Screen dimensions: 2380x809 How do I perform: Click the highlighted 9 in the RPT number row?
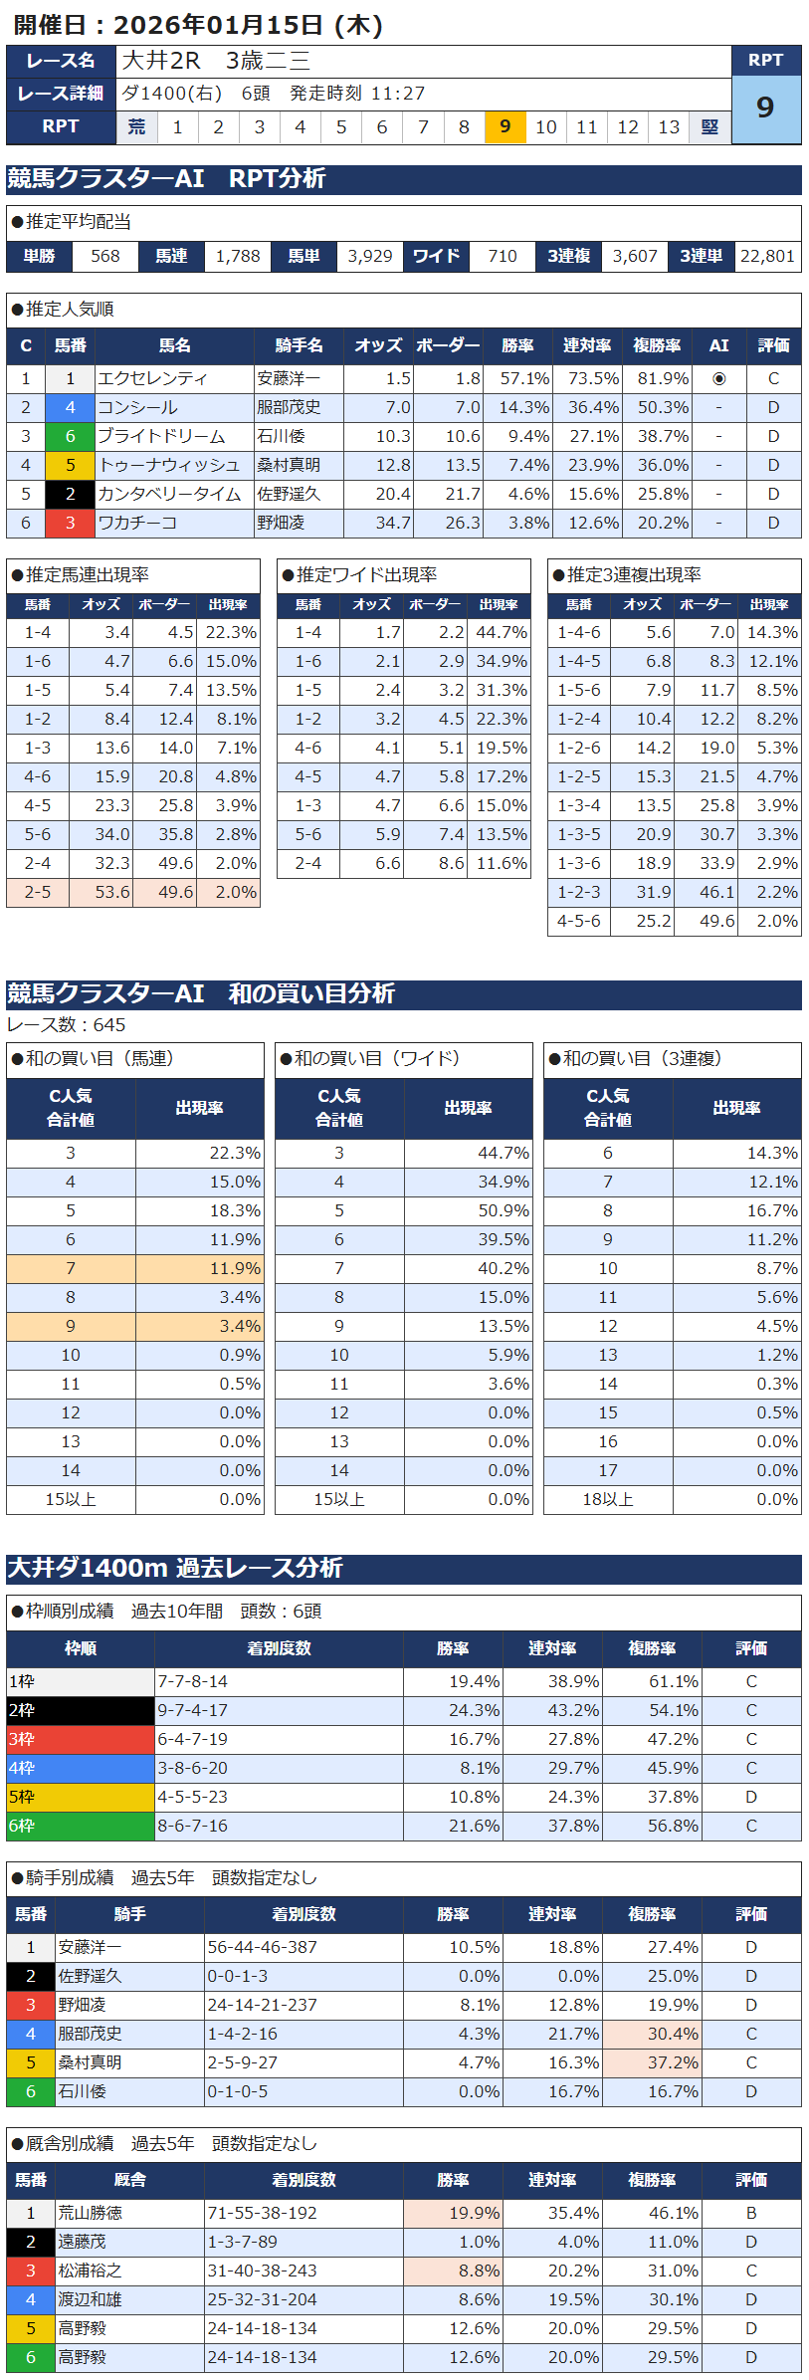pos(506,126)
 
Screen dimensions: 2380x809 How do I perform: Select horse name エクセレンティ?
pos(152,378)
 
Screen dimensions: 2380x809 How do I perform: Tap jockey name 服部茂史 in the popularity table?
pos(289,407)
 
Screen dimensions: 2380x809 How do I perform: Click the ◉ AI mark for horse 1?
pos(718,378)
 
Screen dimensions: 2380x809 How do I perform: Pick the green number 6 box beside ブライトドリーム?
pos(70,436)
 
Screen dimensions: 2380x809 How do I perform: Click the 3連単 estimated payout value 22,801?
pos(767,256)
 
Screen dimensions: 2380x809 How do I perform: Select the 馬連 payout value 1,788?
pos(238,256)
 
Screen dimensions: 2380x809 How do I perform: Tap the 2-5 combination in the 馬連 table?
pos(38,892)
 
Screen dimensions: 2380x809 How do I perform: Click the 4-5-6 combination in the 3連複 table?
pos(579,921)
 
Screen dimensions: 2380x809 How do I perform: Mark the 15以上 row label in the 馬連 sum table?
pos(71,1499)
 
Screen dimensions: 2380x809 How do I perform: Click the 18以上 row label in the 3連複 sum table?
pos(608,1499)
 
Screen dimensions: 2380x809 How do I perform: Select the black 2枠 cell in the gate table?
pos(81,1710)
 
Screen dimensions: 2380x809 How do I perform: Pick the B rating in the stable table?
pos(751,2213)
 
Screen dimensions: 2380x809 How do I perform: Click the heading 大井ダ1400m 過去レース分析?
pos(175,1568)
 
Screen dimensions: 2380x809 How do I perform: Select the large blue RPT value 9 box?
pos(765,108)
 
